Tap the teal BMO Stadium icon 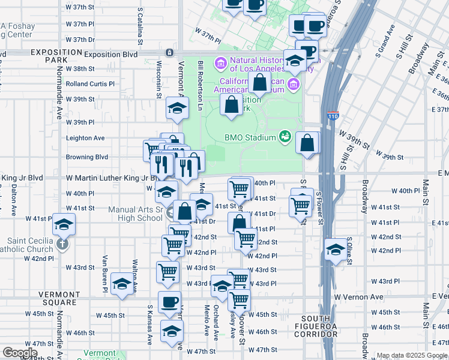point(285,137)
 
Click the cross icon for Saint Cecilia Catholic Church point(62,244)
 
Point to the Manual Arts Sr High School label point(135,214)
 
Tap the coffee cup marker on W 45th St point(169,302)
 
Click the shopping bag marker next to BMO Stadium point(307,143)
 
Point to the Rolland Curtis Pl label point(90,84)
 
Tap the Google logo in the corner point(20,353)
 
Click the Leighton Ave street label point(85,137)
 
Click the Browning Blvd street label point(86,157)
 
